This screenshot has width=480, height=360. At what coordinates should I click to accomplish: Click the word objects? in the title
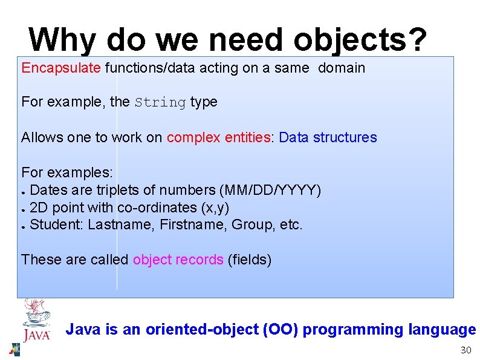[x=361, y=39]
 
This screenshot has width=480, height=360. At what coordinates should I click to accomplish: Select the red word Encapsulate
[x=61, y=68]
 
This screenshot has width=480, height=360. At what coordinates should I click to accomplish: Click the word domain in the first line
[x=342, y=68]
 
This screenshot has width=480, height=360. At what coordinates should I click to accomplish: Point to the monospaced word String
[x=160, y=102]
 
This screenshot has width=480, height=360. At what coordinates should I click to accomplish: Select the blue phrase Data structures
[x=328, y=137]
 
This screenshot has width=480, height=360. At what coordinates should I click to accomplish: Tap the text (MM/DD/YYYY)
[x=271, y=191]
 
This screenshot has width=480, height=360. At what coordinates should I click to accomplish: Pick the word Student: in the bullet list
[x=56, y=225]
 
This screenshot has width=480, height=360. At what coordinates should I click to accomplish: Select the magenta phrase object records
[x=178, y=260]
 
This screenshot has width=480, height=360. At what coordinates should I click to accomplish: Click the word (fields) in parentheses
[x=249, y=260]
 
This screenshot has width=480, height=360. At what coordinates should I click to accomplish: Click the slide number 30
[x=465, y=350]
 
